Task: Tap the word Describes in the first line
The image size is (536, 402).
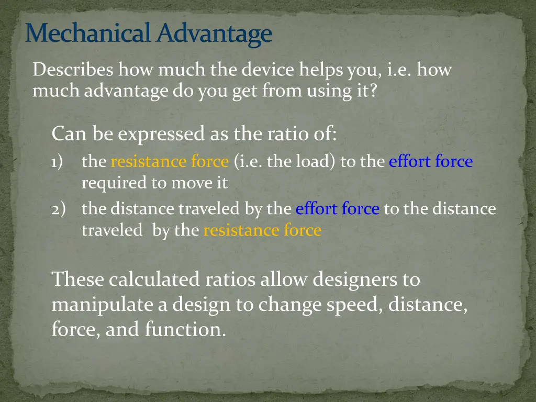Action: [73, 70]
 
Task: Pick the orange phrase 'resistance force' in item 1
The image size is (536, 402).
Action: [170, 162]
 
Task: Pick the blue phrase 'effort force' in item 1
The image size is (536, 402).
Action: [430, 162]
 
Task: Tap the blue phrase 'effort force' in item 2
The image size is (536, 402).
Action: [337, 209]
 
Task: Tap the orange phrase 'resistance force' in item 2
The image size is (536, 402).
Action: [262, 230]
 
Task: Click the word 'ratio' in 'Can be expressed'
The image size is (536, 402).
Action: [282, 135]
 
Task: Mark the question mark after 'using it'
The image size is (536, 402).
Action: [373, 91]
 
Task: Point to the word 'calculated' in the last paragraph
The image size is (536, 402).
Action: [154, 280]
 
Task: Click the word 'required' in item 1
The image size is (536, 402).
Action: [106, 183]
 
